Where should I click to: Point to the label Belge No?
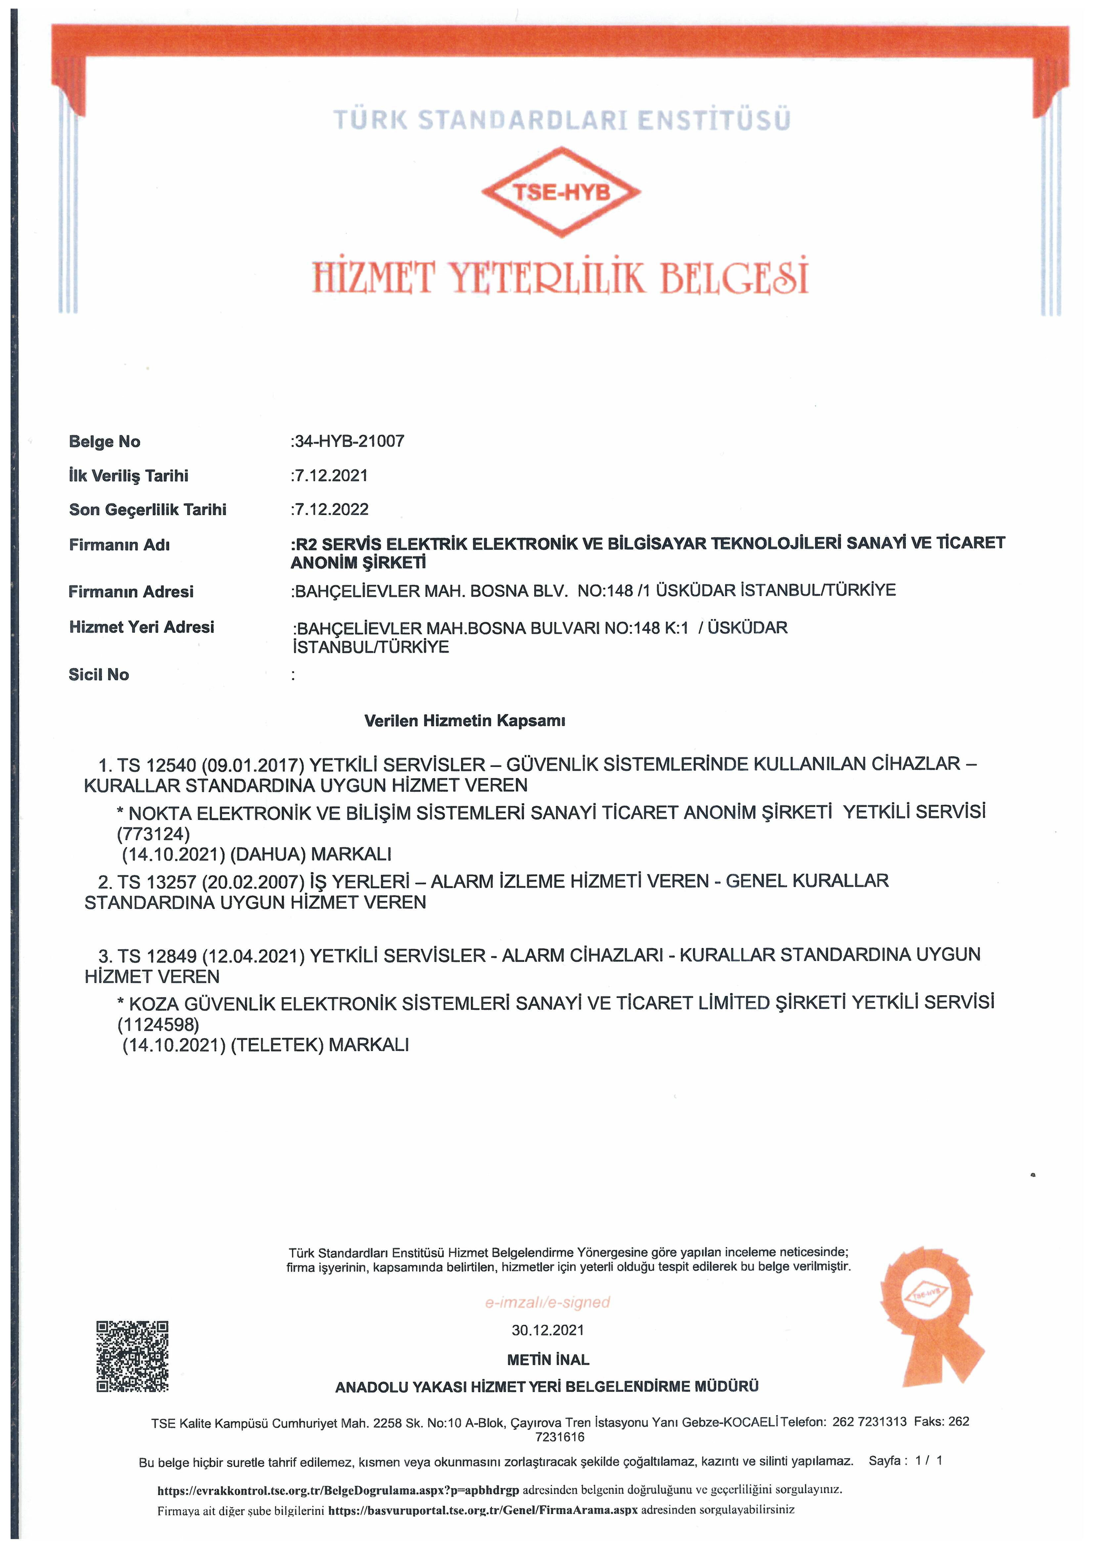coord(105,442)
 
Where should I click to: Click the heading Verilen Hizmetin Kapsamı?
coord(464,721)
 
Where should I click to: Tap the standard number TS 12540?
coord(156,765)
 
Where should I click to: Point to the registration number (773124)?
coord(154,834)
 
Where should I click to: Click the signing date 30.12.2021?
coord(547,1330)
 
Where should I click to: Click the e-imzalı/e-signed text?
coord(547,1303)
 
